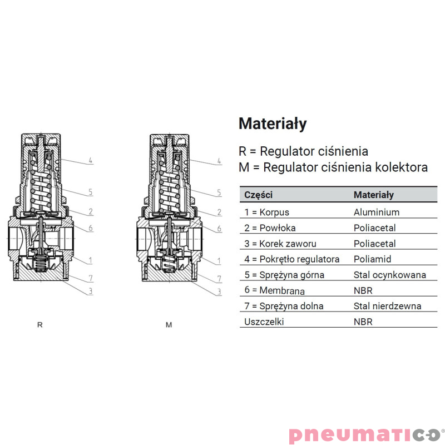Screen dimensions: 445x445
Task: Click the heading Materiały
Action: [273, 124]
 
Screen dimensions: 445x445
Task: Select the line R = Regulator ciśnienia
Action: [303, 151]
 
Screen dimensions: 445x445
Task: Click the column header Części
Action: [259, 195]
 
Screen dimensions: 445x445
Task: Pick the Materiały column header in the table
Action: [374, 195]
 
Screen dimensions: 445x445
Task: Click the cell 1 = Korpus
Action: [267, 212]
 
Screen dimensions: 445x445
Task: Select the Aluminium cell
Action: [377, 212]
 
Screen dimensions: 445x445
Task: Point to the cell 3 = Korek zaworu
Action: [280, 244]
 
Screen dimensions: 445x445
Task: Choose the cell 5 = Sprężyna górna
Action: [284, 275]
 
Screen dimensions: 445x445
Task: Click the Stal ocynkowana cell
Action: [390, 275]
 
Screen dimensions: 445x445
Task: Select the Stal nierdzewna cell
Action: [388, 306]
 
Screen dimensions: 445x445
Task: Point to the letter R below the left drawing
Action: [39, 325]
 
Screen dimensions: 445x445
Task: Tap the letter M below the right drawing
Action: [169, 325]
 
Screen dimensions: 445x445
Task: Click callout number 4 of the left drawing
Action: [90, 161]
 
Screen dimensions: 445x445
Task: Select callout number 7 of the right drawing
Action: [219, 278]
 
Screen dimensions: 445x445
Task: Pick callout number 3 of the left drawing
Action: [90, 291]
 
